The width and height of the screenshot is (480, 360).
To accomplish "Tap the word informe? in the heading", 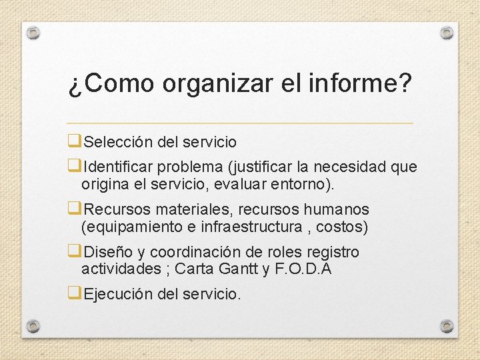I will (x=361, y=83).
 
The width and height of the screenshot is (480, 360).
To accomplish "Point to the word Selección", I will (x=118, y=142).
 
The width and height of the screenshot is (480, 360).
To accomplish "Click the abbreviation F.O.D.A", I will (x=304, y=269).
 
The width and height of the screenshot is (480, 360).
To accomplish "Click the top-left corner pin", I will (x=33, y=33).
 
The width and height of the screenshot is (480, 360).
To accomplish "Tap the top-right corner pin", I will (x=447, y=33).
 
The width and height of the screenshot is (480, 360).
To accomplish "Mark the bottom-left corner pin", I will (x=33, y=326).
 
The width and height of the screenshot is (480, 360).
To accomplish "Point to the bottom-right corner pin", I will (x=447, y=326).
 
